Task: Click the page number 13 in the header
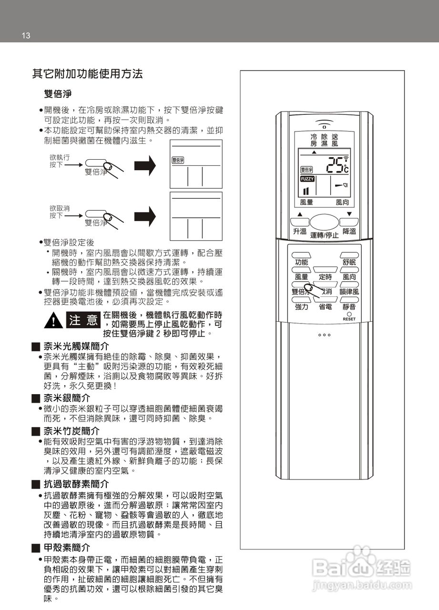[x=26, y=36]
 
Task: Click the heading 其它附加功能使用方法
[x=87, y=74]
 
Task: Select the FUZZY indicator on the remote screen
[x=307, y=179]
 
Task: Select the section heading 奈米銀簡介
[x=67, y=397]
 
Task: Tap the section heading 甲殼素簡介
[x=67, y=548]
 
